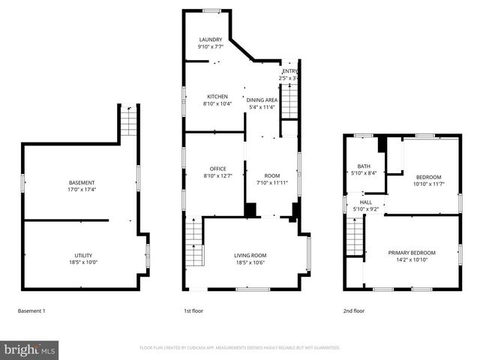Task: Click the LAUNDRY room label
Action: tap(210, 39)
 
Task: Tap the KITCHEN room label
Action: tap(217, 97)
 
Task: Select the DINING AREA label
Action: tap(262, 100)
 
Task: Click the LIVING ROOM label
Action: tap(250, 255)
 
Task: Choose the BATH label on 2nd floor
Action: tap(364, 166)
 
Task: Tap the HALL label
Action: tap(365, 202)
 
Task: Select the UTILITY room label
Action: tap(83, 255)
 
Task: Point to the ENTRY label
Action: tap(289, 70)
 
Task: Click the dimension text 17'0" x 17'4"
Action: tap(82, 190)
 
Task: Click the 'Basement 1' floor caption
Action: tap(31, 310)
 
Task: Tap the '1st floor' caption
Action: tap(193, 310)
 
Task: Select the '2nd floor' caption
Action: tap(354, 310)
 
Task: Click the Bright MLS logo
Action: tap(30, 349)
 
